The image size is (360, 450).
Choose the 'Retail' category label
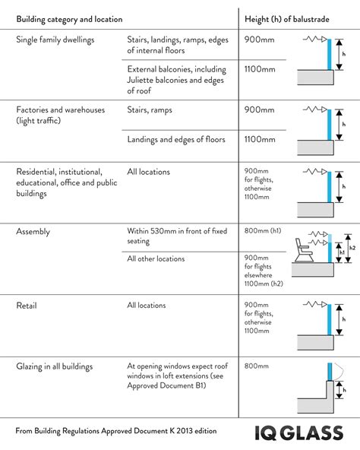(27, 306)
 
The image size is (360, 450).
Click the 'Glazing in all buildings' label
(55, 366)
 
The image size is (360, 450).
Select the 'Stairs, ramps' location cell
(150, 110)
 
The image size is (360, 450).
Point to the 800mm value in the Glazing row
(257, 366)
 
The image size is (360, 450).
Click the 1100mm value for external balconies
(259, 69)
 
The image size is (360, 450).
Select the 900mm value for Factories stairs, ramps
(258, 110)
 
